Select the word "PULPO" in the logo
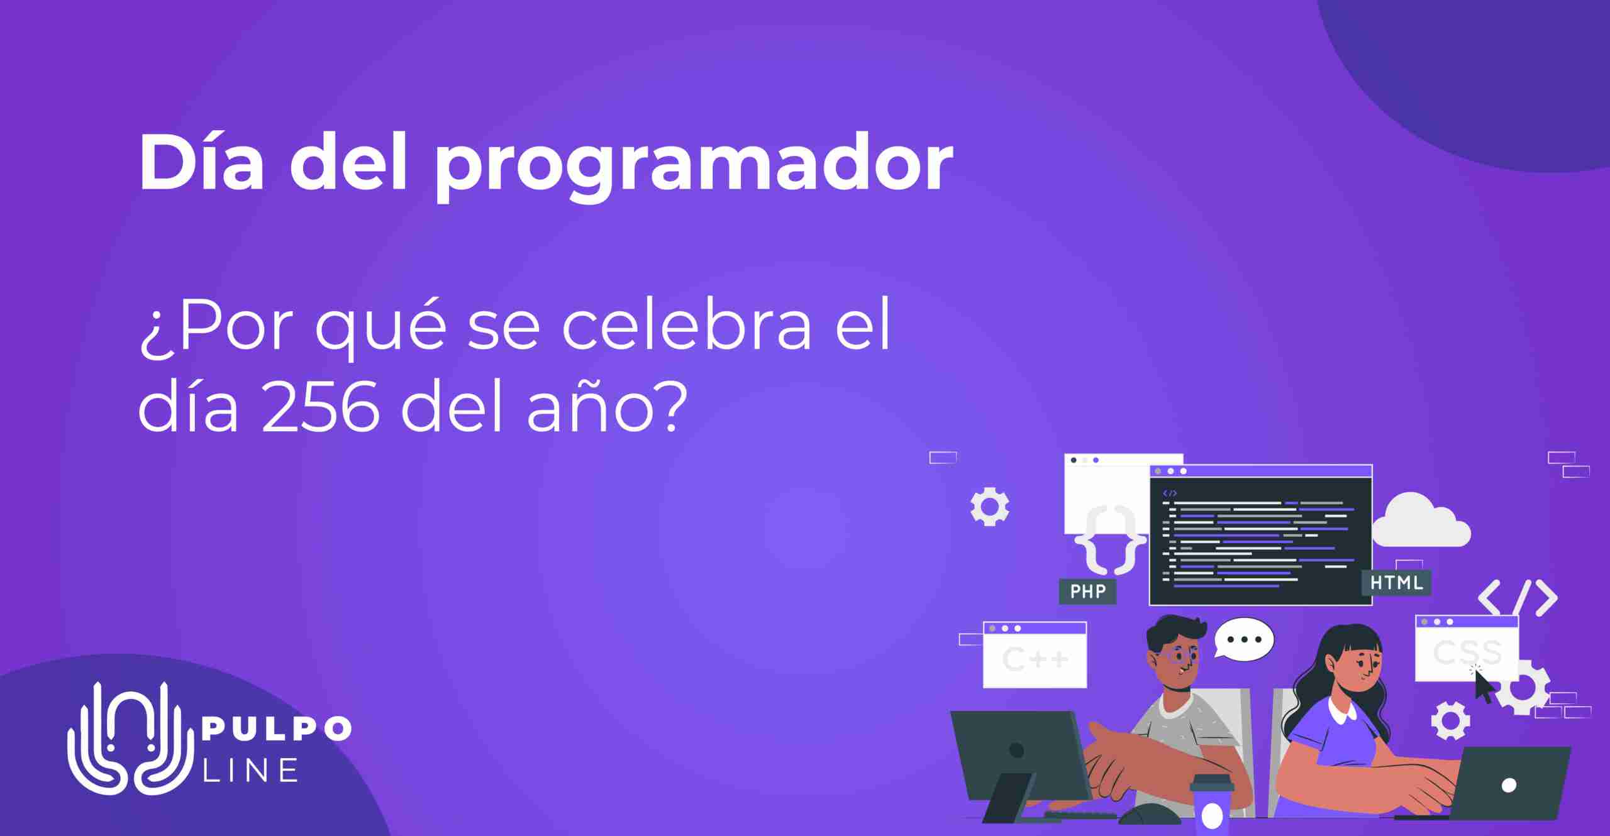(275, 730)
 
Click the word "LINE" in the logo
(250, 770)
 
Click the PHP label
(1087, 591)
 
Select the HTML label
(1396, 583)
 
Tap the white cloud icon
(1421, 520)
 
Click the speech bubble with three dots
(1243, 639)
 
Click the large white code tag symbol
(1518, 598)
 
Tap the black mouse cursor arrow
(1484, 686)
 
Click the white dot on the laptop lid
(1508, 785)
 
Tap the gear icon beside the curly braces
(990, 506)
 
